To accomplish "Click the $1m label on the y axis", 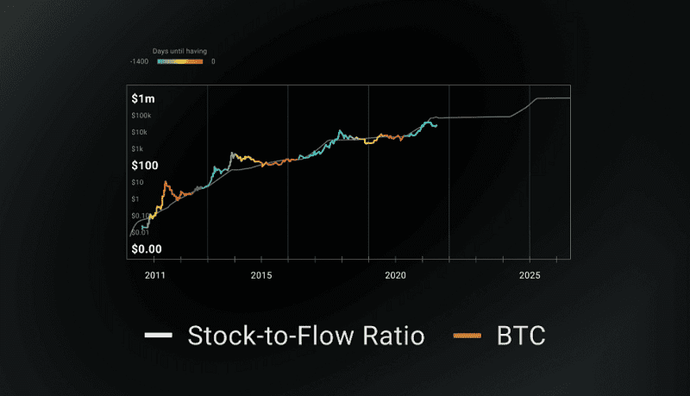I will pyautogui.click(x=142, y=98).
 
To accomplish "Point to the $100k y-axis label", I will pyautogui.click(x=141, y=116).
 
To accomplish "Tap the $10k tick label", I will pyautogui.click(x=140, y=132).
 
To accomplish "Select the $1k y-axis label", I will pyautogui.click(x=138, y=148).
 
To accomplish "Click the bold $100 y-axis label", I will pyautogui.click(x=144, y=165).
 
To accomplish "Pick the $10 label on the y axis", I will pyautogui.click(x=137, y=182).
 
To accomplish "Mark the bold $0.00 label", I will pyautogui.click(x=147, y=249).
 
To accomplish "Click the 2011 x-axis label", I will pyautogui.click(x=155, y=275).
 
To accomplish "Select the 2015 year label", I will pyautogui.click(x=261, y=275).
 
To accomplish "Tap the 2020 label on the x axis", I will pyautogui.click(x=396, y=275).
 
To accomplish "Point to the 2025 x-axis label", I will pyautogui.click(x=530, y=275).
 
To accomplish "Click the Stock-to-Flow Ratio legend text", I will pyautogui.click(x=306, y=335).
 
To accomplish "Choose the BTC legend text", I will pyautogui.click(x=520, y=335).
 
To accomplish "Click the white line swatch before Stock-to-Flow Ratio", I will pyautogui.click(x=158, y=335).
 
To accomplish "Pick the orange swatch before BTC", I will pyautogui.click(x=469, y=335).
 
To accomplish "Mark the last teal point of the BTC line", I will pyautogui.click(x=436, y=126).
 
